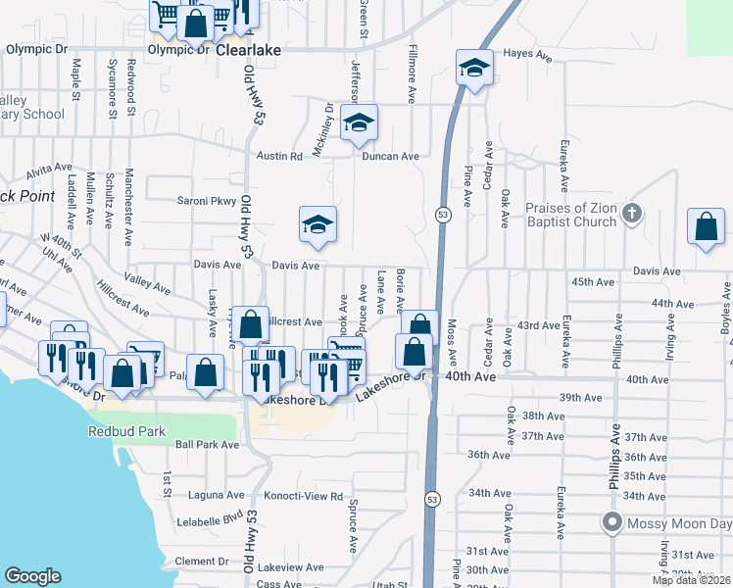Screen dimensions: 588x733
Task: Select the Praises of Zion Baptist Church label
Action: click(571, 215)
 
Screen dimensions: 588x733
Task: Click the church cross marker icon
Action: click(633, 212)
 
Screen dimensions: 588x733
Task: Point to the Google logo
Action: click(32, 576)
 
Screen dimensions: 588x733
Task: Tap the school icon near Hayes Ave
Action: click(473, 69)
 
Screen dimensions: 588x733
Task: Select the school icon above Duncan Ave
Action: click(359, 122)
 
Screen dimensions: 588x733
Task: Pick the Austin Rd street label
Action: click(279, 156)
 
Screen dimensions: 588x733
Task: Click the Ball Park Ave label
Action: click(207, 444)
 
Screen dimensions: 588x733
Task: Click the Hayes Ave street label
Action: click(527, 56)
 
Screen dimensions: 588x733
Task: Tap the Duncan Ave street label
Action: click(390, 156)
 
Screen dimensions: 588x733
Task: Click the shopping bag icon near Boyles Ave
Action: click(706, 227)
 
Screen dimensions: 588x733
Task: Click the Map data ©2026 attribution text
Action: click(690, 580)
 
